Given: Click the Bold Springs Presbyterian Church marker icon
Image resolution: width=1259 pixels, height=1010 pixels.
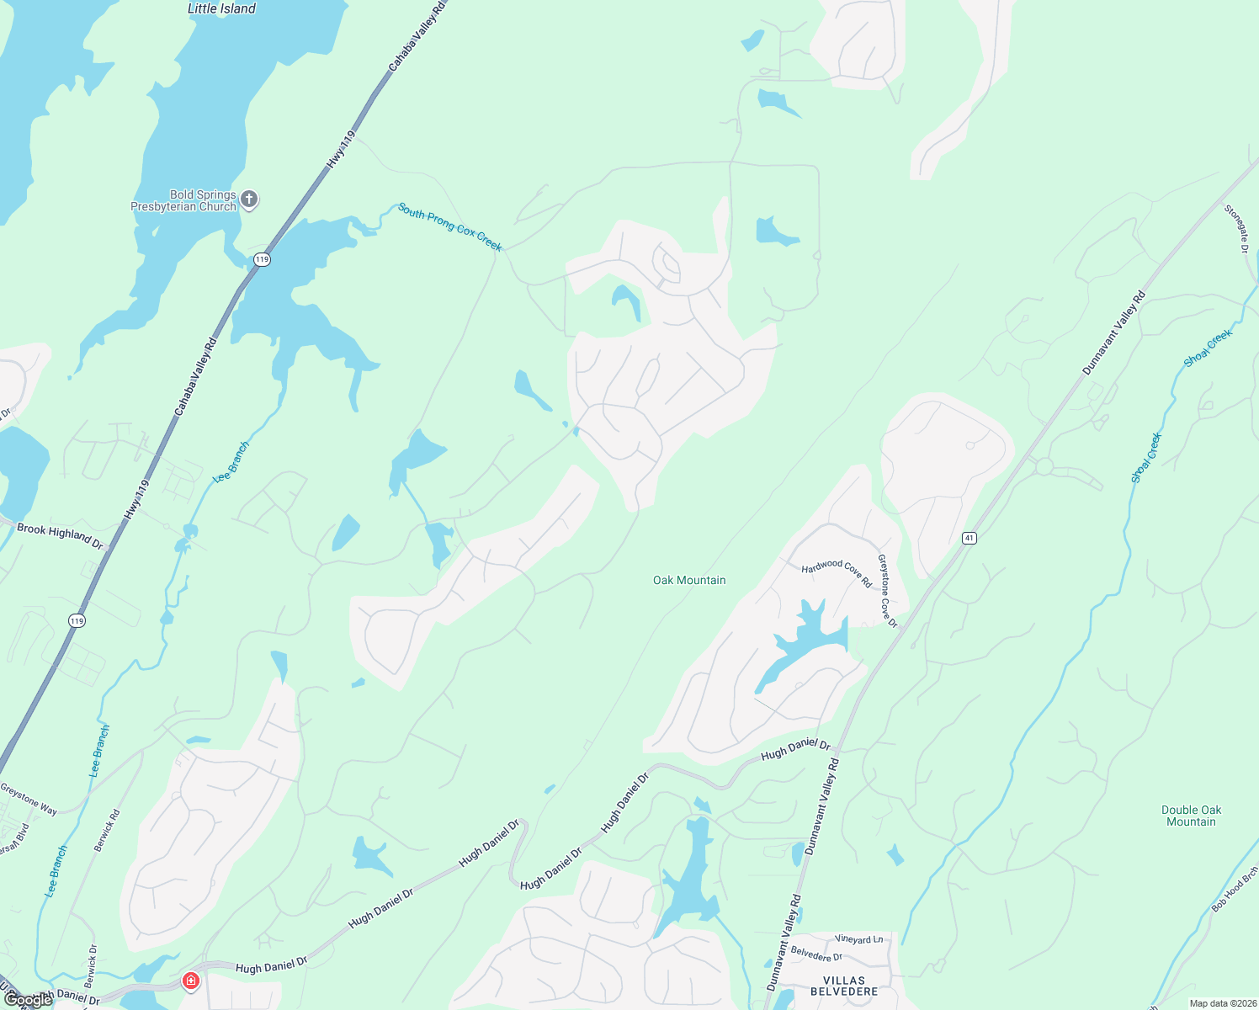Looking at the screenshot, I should (x=249, y=199).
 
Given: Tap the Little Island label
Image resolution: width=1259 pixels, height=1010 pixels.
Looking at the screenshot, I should (x=221, y=8).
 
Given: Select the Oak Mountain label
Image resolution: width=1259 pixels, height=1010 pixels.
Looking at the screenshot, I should (x=689, y=580).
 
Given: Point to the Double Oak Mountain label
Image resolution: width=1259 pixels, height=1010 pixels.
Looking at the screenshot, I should (x=1191, y=816).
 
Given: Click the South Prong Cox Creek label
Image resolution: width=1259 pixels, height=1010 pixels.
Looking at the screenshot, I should (x=450, y=227).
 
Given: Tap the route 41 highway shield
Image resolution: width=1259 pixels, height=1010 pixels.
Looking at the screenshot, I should (x=969, y=538).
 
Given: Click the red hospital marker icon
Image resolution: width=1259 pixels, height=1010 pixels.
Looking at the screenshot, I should (x=191, y=981).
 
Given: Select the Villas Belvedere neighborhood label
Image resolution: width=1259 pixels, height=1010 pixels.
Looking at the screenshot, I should (x=843, y=986).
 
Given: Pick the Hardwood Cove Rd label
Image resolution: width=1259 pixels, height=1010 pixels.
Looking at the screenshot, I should (x=837, y=572).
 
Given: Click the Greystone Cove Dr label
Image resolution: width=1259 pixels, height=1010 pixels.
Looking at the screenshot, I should (x=888, y=591).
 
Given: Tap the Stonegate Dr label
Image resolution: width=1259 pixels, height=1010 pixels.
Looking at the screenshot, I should (x=1236, y=228).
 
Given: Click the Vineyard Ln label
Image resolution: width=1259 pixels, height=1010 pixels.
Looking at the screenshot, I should (x=859, y=939).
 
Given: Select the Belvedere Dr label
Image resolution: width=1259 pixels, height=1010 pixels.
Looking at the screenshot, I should (x=816, y=955).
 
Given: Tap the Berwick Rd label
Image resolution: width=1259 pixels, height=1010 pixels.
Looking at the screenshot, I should (x=107, y=831).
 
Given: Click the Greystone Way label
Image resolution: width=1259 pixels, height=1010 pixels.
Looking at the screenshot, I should (x=29, y=800).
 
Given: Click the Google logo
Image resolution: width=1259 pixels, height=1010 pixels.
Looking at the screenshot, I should (x=28, y=1000).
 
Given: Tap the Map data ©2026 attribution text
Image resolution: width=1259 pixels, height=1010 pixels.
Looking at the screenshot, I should (x=1220, y=1003).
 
